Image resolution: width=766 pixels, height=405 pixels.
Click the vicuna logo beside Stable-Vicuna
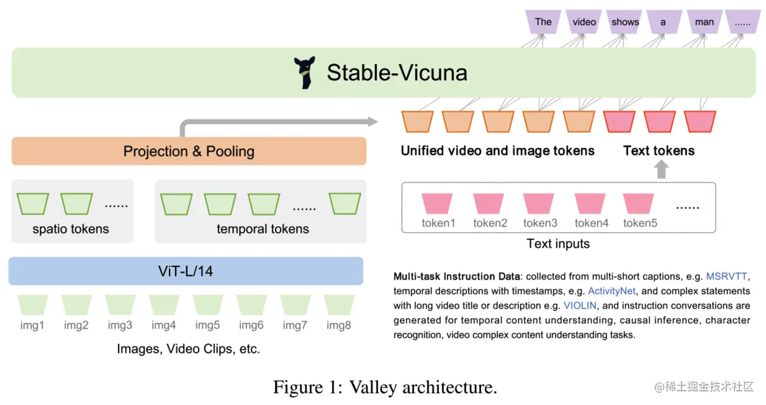(304, 73)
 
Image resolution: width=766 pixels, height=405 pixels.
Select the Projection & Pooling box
(189, 151)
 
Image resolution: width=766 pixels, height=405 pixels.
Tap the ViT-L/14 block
(185, 271)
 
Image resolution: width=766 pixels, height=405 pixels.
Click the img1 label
(32, 325)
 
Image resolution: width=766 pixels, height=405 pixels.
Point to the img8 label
(338, 325)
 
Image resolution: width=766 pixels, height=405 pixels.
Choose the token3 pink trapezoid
(539, 204)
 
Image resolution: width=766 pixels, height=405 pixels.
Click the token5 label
(640, 223)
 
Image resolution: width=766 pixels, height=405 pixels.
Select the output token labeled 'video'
(584, 22)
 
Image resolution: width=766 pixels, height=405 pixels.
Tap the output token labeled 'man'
(704, 22)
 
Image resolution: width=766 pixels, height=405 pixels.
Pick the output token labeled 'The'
(543, 22)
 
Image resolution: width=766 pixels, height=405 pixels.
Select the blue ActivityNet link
(611, 291)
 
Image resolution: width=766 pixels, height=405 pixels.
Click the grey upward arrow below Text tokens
(662, 169)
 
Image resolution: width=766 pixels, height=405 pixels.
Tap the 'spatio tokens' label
(71, 229)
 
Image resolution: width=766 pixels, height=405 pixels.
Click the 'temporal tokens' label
(263, 229)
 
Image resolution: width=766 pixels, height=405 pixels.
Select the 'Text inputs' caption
(558, 243)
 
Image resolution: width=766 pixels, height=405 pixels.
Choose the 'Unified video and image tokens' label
(497, 150)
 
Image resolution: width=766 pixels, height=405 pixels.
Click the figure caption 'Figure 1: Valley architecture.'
(385, 388)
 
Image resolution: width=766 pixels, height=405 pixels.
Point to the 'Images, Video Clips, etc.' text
(188, 349)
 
